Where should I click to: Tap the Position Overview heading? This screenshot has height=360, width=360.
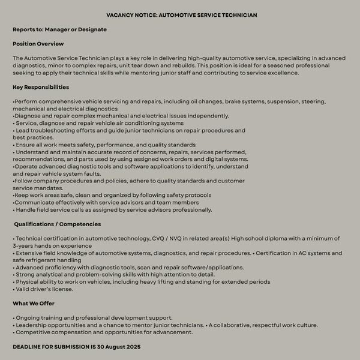[x=38, y=44]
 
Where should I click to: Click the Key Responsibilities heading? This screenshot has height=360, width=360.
[x=41, y=87]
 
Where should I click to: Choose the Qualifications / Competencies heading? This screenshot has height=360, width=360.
[x=58, y=224]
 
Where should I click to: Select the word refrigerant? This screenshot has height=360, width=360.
[x=43, y=260]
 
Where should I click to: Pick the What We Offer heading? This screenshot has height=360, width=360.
[x=34, y=303]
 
